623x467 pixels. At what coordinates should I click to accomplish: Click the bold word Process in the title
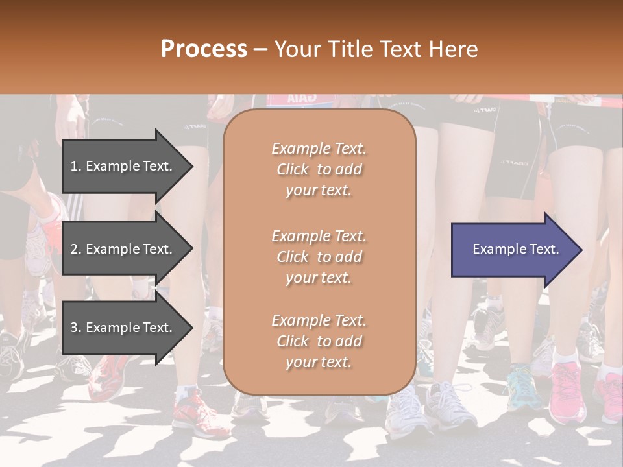coord(204,49)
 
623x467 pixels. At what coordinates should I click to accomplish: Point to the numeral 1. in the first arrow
coord(76,166)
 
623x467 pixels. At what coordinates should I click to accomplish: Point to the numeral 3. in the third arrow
coord(76,328)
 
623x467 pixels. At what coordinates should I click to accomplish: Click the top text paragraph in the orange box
coord(319,169)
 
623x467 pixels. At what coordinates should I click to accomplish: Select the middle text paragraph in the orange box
coord(319,256)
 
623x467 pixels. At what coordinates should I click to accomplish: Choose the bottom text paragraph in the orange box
coord(319,341)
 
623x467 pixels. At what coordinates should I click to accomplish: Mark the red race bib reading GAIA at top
coord(300,99)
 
